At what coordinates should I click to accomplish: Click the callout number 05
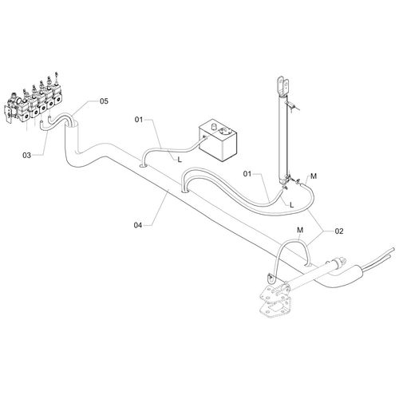104,101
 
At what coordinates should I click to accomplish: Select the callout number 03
26,155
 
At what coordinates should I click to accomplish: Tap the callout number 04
138,225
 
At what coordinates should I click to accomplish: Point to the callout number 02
339,231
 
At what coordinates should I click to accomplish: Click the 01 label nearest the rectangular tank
139,120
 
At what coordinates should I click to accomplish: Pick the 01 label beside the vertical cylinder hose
247,174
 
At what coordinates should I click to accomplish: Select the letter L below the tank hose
180,160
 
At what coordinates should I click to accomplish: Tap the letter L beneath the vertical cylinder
292,205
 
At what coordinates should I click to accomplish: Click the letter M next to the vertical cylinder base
314,176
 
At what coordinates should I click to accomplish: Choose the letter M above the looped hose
300,230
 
